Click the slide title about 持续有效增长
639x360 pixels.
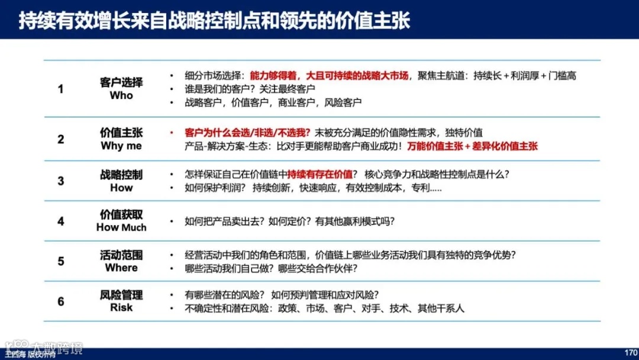coord(214,21)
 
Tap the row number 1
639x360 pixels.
coord(60,89)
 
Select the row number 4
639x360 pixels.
coord(60,221)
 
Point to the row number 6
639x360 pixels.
coord(60,301)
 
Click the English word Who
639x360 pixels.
coord(121,96)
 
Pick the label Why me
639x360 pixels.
coord(121,146)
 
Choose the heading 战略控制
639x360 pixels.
coord(121,175)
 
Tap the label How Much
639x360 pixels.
coord(121,228)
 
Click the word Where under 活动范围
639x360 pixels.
coord(121,268)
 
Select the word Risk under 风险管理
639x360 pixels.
coord(121,308)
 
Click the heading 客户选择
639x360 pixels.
coord(121,82)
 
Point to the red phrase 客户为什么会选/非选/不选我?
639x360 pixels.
coord(248,133)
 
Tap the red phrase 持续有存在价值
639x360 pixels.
coord(319,175)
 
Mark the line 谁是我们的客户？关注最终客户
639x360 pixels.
coord(250,89)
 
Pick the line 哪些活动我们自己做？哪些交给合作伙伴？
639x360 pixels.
coord(271,268)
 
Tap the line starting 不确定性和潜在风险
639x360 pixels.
coord(325,308)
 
